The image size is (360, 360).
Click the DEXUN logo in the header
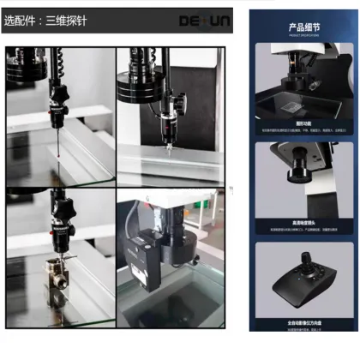click(x=202, y=18)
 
